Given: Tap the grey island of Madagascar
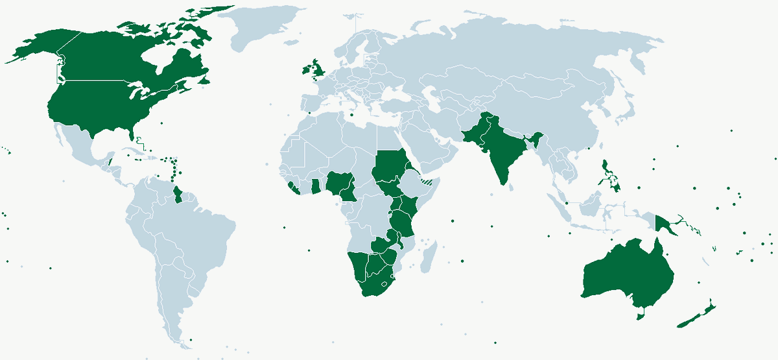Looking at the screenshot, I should pos(427,258).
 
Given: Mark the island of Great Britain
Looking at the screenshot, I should pos(316,67).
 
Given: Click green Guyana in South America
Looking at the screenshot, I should pos(180,193).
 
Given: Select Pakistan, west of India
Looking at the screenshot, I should pos(477,133).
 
